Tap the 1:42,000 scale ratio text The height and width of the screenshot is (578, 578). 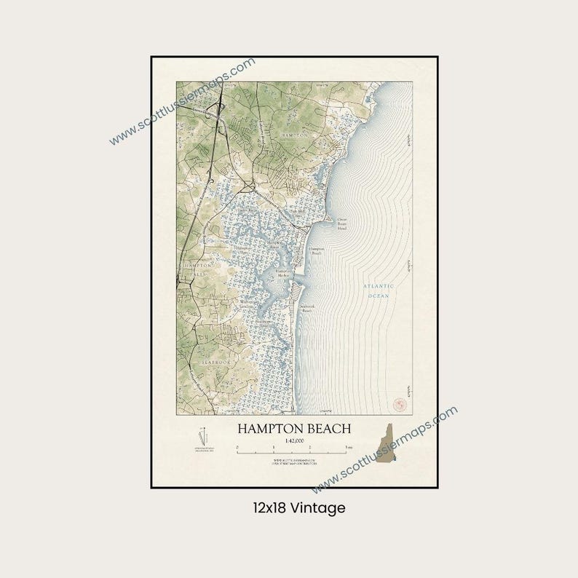(x=294, y=440)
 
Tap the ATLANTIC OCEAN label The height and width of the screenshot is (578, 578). (x=379, y=291)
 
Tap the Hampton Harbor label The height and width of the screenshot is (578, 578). (x=283, y=274)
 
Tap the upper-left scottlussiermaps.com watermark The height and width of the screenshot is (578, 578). (x=182, y=102)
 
